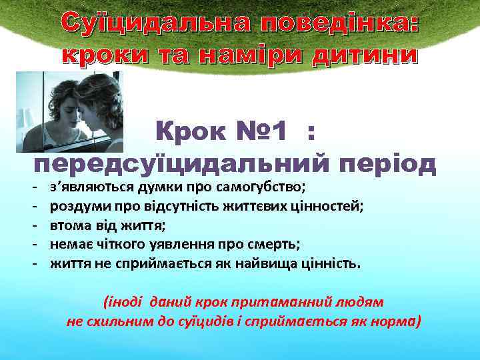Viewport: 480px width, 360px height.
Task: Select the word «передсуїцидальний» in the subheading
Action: point(179,164)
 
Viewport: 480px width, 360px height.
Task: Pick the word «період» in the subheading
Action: point(387,164)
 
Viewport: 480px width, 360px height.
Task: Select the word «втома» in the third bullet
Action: point(69,225)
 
